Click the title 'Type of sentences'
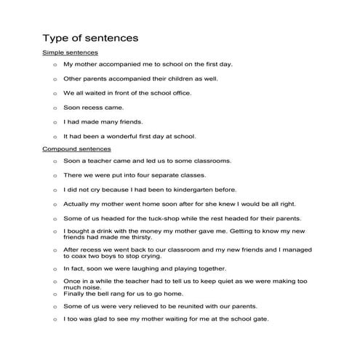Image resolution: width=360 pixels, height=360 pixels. pyautogui.click(x=90, y=37)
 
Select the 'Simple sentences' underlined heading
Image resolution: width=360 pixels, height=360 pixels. pyautogui.click(x=71, y=53)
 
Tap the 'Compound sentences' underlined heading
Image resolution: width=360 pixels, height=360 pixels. pyautogui.click(x=77, y=148)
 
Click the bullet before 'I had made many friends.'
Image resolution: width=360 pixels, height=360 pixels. pyautogui.click(x=55, y=121)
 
